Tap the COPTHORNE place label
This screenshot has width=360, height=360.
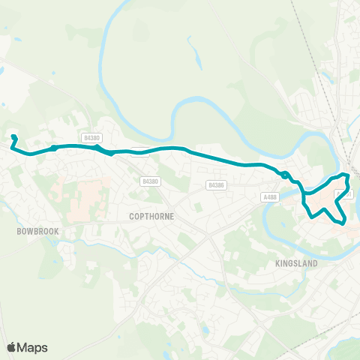click(145, 216)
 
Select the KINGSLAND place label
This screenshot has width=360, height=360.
click(297, 264)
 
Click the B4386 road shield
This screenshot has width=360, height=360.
click(217, 184)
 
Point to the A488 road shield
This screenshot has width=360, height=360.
click(270, 196)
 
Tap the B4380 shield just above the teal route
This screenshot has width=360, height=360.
click(92, 138)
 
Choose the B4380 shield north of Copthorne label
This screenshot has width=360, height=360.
click(150, 181)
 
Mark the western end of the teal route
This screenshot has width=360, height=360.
click(13, 136)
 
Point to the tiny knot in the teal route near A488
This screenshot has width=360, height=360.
click(285, 175)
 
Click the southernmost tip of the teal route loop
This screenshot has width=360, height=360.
click(342, 223)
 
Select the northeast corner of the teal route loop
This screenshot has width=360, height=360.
click(345, 175)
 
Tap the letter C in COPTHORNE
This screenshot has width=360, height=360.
click(121, 216)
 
